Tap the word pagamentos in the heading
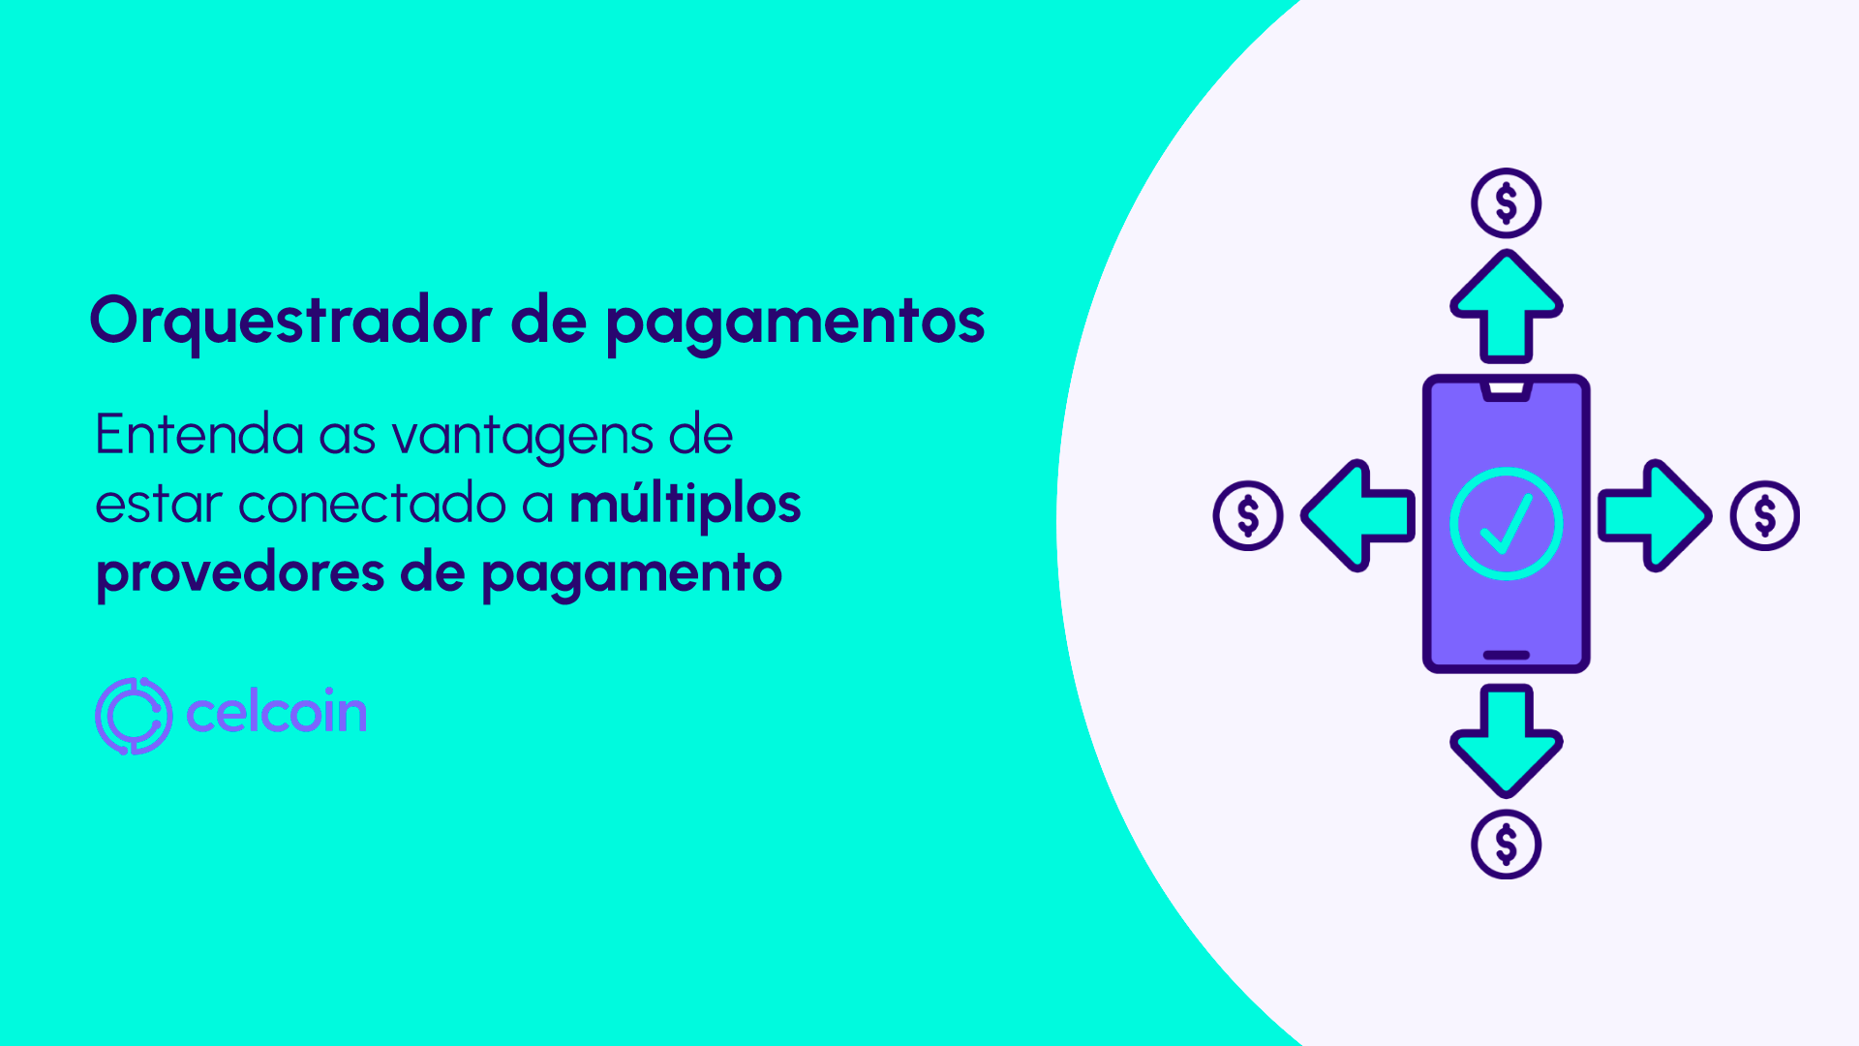(795, 323)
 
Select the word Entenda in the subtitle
(198, 435)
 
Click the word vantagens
(522, 437)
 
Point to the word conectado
(373, 505)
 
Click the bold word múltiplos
(685, 506)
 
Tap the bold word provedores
(240, 573)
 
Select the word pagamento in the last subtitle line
(631, 574)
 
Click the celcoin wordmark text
(276, 713)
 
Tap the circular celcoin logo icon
(134, 716)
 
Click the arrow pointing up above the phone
(1506, 305)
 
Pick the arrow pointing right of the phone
(1654, 515)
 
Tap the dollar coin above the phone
(1506, 203)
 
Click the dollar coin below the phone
(1506, 845)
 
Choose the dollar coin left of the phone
(1248, 515)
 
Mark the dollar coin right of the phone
(1764, 515)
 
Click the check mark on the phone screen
(1506, 524)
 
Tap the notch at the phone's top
(1506, 389)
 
